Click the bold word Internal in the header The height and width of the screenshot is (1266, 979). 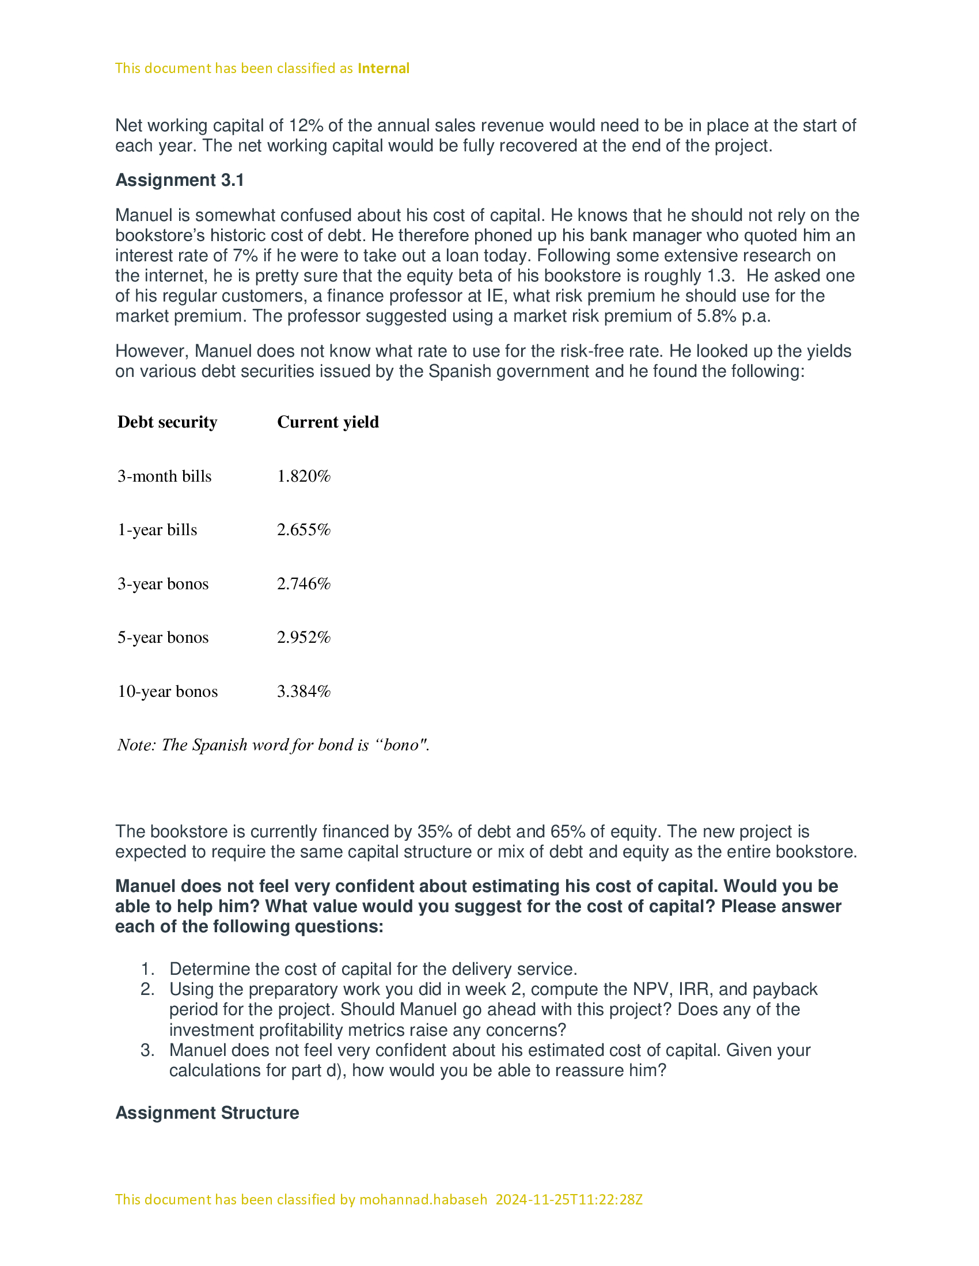384,68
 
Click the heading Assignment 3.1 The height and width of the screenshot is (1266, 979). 180,180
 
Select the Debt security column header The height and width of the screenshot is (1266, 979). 167,422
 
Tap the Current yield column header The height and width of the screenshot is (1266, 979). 328,422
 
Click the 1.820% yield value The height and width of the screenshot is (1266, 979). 303,476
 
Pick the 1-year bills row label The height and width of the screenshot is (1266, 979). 157,530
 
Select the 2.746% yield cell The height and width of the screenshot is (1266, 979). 303,584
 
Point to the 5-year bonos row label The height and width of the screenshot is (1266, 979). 163,638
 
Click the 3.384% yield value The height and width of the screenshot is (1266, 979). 303,692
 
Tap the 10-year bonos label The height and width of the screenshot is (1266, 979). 168,692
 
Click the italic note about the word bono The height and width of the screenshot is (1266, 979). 273,745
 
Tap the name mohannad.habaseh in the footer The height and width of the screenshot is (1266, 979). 423,1199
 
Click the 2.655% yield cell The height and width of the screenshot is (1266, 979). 303,530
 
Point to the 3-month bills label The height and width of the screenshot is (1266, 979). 164,476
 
